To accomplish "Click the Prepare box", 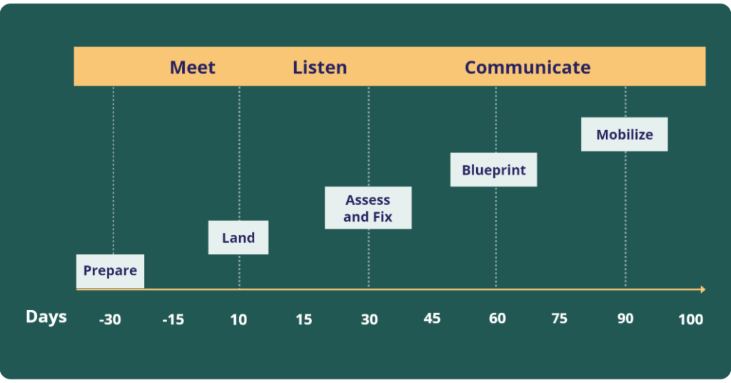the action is (x=110, y=271).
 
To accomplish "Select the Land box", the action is (x=238, y=237).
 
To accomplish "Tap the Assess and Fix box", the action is (x=368, y=208).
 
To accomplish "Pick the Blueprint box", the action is (x=494, y=170).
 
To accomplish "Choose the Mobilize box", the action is (x=624, y=134).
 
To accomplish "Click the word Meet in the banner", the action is (x=193, y=67).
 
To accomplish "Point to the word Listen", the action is (x=320, y=67).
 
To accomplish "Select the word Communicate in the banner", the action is (x=528, y=67).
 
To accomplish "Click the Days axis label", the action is (x=46, y=317).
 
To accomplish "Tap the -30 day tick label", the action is (x=110, y=319).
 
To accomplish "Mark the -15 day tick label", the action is (x=173, y=319).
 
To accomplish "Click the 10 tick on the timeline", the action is (x=238, y=319).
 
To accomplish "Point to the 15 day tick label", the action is (x=303, y=319).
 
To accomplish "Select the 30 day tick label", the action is (x=369, y=319).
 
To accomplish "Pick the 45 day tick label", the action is (x=432, y=319).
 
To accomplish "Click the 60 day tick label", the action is (x=498, y=319).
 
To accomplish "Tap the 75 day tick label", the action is (x=559, y=319).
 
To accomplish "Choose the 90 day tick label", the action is (x=625, y=319).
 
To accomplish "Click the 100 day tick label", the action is (x=690, y=319).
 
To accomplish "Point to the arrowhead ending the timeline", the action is (x=703, y=289).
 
